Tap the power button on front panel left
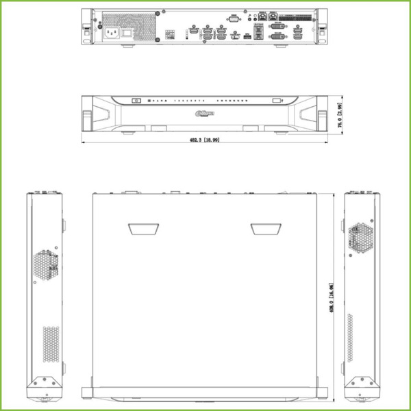click(136, 101)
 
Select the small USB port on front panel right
click(277, 101)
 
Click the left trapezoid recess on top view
click(142, 229)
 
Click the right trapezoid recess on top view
click(264, 229)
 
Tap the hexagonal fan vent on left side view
click(45, 263)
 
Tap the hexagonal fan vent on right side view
click(361, 238)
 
